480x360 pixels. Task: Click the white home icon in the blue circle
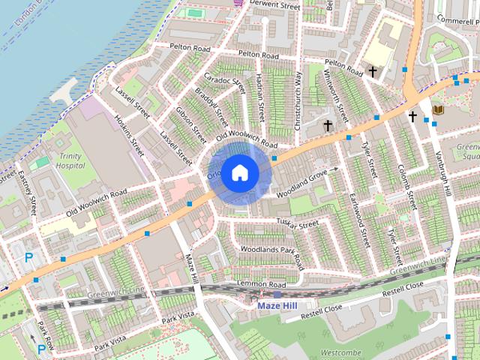239,172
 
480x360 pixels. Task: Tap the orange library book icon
439,110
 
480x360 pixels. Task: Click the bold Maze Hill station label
277,306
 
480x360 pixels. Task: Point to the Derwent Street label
276,5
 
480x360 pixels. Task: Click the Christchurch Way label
298,101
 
